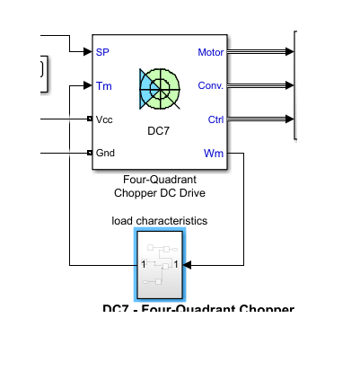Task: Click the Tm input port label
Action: [x=103, y=86]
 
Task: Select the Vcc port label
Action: [x=104, y=119]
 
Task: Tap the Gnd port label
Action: [x=105, y=153]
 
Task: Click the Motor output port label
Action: [x=210, y=52]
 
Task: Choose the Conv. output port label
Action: [x=211, y=86]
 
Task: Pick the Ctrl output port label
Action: [x=215, y=119]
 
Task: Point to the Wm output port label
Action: [x=215, y=153]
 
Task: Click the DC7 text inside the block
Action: [x=159, y=131]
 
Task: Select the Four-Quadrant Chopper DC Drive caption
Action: [x=160, y=184]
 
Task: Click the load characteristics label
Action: [x=160, y=219]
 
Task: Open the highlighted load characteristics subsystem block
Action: [x=160, y=264]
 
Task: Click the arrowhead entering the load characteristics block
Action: [x=190, y=264]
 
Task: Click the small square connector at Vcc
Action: [x=90, y=119]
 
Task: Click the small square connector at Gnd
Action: [x=90, y=153]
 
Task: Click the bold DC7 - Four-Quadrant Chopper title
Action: [x=198, y=310]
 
